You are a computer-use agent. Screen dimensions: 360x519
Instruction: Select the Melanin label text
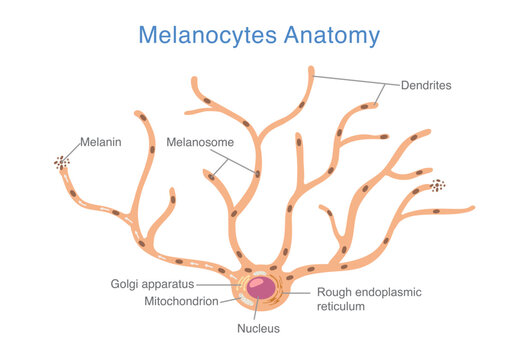102,142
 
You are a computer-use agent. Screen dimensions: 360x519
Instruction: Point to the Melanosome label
200,142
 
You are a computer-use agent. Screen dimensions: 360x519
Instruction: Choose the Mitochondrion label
167,300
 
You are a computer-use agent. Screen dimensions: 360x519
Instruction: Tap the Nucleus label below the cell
258,328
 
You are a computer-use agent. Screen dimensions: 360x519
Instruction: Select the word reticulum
343,307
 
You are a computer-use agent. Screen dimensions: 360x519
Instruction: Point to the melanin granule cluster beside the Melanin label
62,162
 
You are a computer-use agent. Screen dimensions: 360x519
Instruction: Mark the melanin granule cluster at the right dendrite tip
438,185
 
